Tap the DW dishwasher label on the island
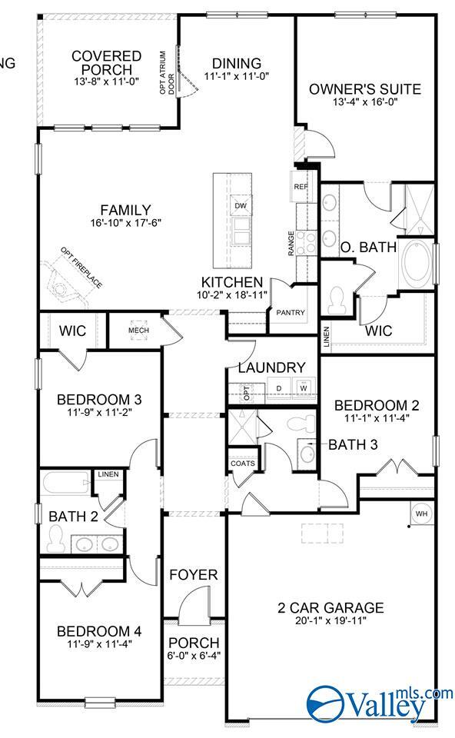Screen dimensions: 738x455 point(241,205)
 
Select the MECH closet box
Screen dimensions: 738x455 point(138,331)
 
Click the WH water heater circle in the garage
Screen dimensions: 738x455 point(421,514)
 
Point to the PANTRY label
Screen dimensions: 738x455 point(291,313)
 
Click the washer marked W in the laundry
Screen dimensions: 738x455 point(304,387)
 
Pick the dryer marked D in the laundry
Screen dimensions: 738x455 point(279,387)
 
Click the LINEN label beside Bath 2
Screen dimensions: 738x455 point(108,474)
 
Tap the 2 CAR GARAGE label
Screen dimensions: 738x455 point(330,608)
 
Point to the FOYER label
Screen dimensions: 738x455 point(193,574)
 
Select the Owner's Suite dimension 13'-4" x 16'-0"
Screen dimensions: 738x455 point(364,104)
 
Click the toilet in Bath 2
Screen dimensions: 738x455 point(55,542)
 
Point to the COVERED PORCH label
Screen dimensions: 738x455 point(106,63)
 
